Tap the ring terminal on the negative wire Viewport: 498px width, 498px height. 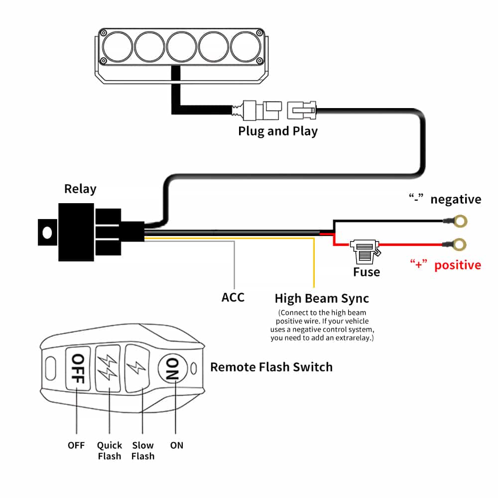[x=462, y=220]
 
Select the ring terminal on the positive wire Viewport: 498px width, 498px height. [x=462, y=244]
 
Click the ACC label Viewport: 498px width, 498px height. [x=233, y=297]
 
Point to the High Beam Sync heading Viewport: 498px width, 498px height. [x=322, y=298]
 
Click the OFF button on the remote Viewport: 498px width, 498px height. [x=77, y=368]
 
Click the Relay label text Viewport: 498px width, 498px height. [x=80, y=189]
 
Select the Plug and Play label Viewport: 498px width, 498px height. [x=278, y=131]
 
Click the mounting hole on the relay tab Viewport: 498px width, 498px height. [x=47, y=232]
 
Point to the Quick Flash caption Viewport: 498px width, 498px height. [x=109, y=450]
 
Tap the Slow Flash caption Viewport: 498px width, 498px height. [x=143, y=450]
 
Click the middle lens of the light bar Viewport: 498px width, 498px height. [x=181, y=46]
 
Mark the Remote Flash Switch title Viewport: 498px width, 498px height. [x=271, y=368]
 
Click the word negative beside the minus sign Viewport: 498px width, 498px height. [x=456, y=200]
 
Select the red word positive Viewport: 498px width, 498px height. [x=458, y=265]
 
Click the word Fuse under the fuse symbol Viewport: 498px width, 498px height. [x=367, y=272]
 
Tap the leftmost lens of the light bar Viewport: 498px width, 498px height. [x=117, y=46]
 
